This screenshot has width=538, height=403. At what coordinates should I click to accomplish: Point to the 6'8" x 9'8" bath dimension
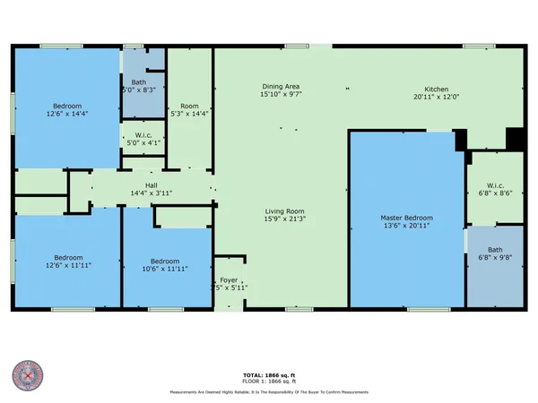pos(495,258)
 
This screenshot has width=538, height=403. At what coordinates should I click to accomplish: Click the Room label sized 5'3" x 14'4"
pos(189,114)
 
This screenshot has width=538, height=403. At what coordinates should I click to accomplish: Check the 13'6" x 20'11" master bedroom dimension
pos(406,226)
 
